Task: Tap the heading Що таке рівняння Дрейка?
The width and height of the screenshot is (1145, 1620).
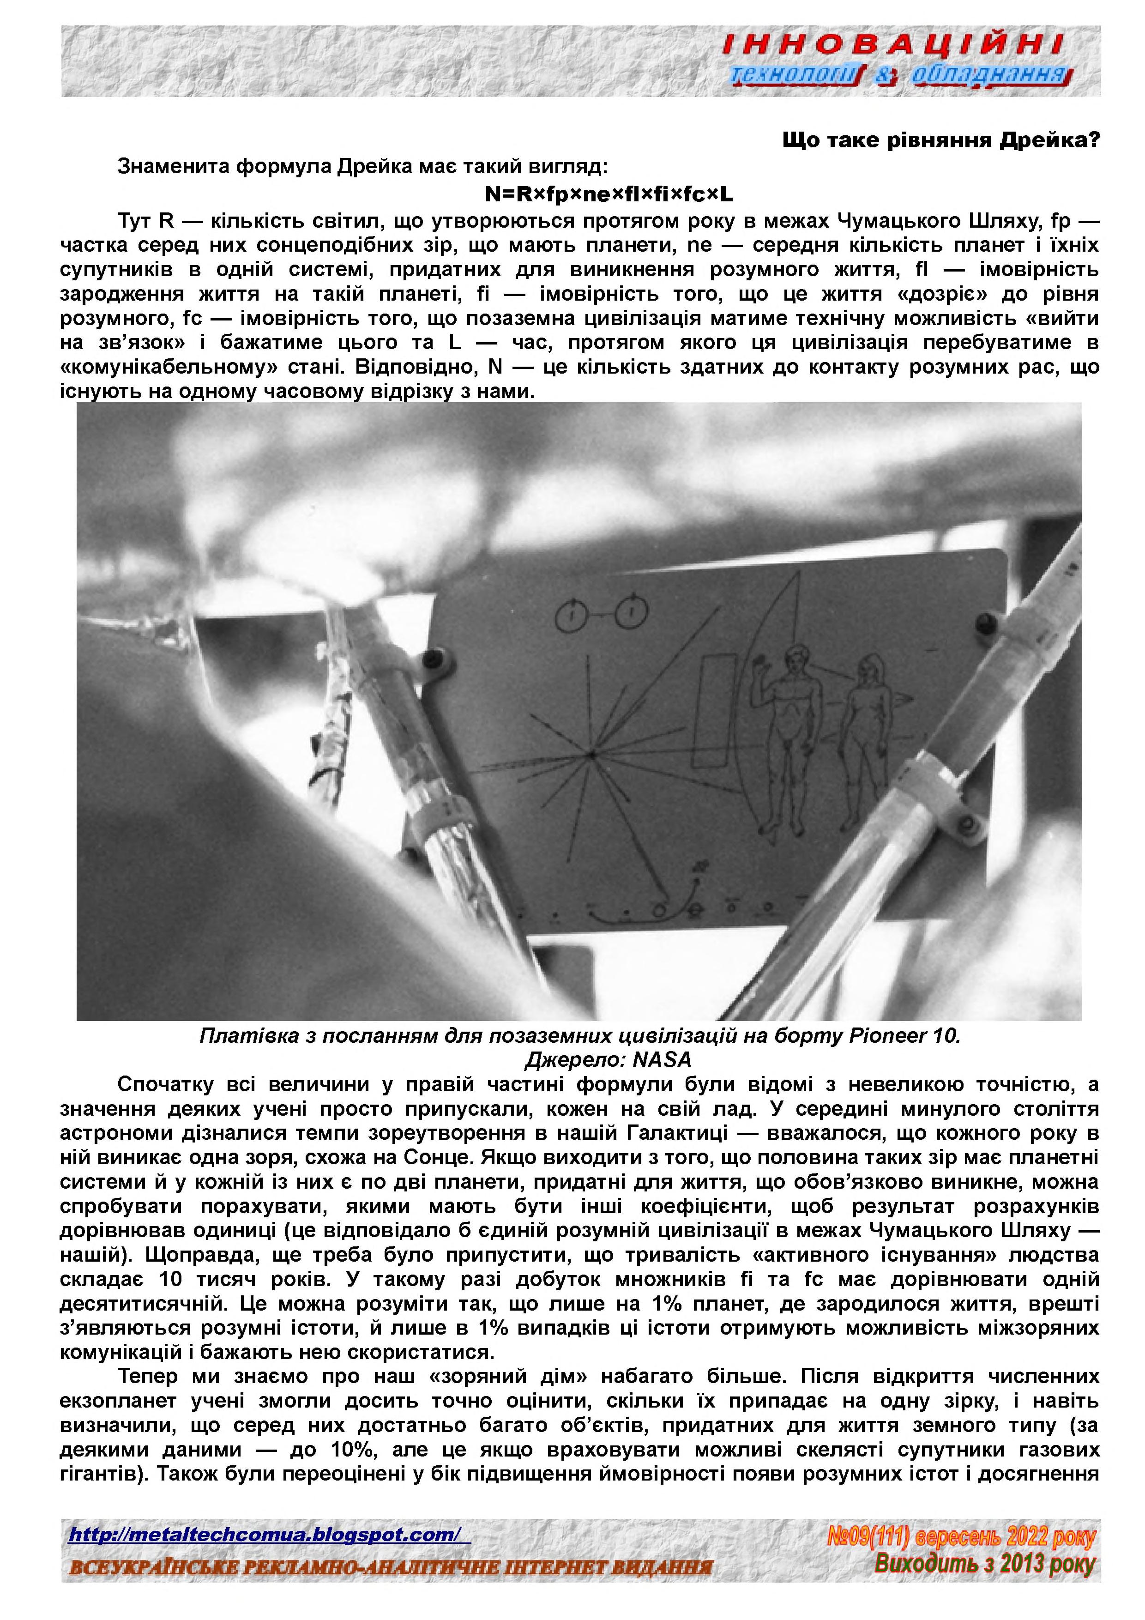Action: (x=941, y=140)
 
